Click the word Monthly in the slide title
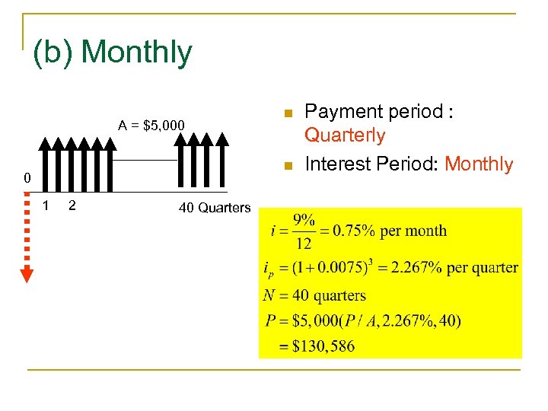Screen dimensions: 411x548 137,53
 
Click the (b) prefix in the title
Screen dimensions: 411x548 53,53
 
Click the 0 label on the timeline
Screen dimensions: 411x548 27,180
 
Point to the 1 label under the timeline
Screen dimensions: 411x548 46,205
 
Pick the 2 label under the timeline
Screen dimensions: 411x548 71,205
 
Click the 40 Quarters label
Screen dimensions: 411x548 215,208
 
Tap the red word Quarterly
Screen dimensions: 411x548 345,136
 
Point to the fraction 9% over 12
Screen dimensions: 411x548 304,231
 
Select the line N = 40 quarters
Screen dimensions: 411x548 315,295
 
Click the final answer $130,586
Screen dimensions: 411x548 323,346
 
